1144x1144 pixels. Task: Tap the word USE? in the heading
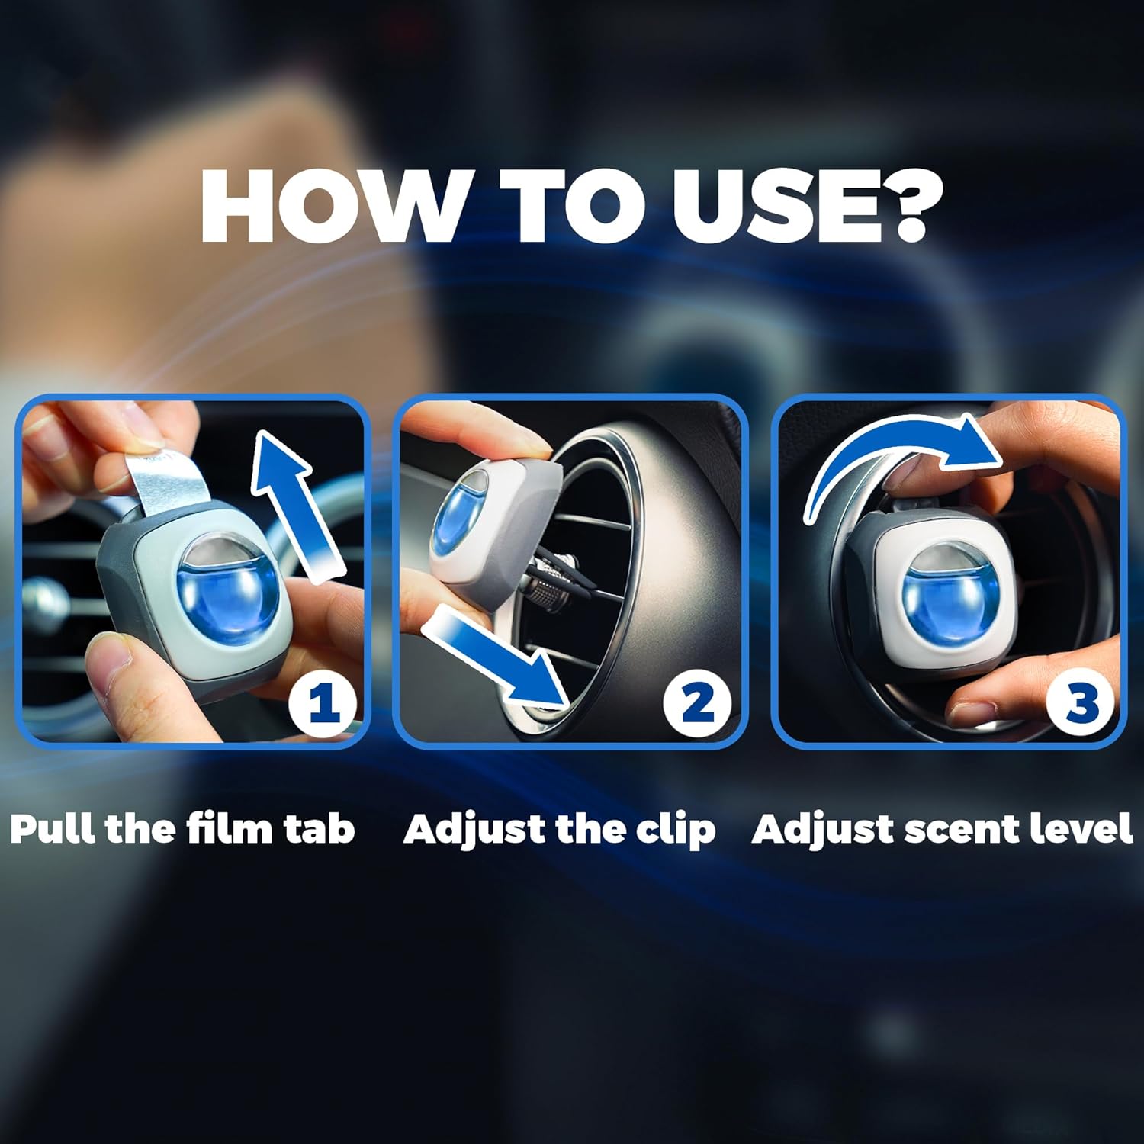[x=807, y=207]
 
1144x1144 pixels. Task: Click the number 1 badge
[x=323, y=702]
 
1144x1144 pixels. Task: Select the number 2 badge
[x=697, y=702]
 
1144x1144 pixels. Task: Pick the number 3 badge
[x=1081, y=702]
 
